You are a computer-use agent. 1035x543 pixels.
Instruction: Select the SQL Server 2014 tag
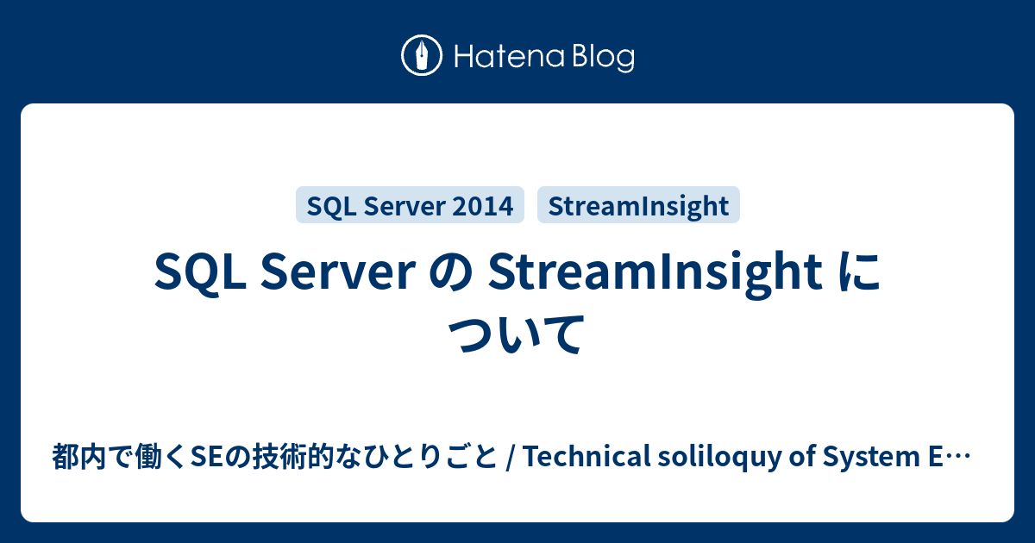click(x=410, y=205)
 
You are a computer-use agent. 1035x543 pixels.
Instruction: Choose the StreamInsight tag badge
click(x=638, y=205)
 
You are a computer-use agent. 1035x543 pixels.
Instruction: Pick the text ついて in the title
click(x=517, y=335)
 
